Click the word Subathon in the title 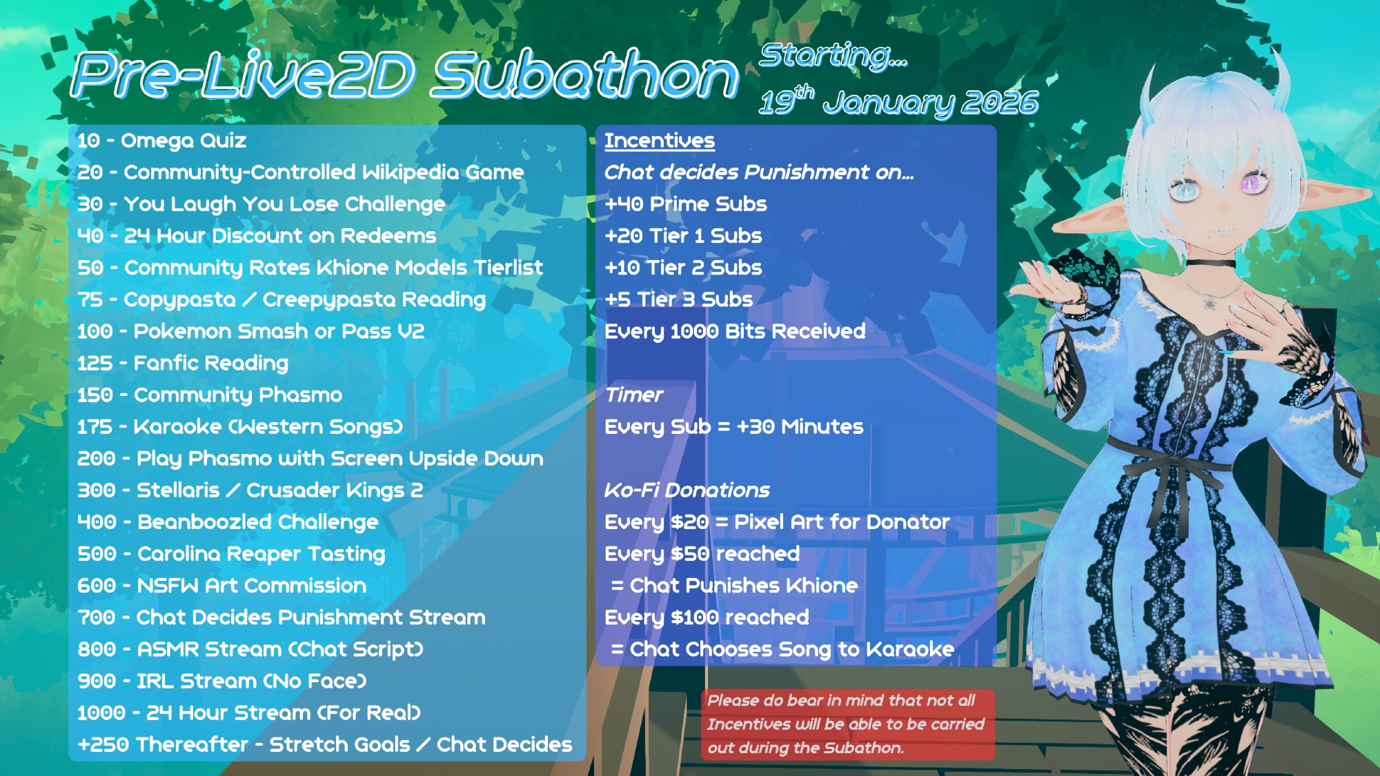[x=586, y=74]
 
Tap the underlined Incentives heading [x=660, y=141]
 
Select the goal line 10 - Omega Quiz [x=161, y=141]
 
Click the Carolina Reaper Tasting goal [x=231, y=554]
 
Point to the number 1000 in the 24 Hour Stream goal [x=101, y=713]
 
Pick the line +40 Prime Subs [x=686, y=204]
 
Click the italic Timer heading [x=633, y=395]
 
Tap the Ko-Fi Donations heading [x=687, y=490]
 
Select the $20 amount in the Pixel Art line [x=690, y=522]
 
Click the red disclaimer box [x=848, y=724]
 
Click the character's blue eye [x=1185, y=189]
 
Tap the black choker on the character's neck [x=1211, y=263]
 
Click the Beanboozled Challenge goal [x=228, y=522]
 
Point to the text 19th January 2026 [x=898, y=102]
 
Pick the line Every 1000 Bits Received [x=735, y=331]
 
